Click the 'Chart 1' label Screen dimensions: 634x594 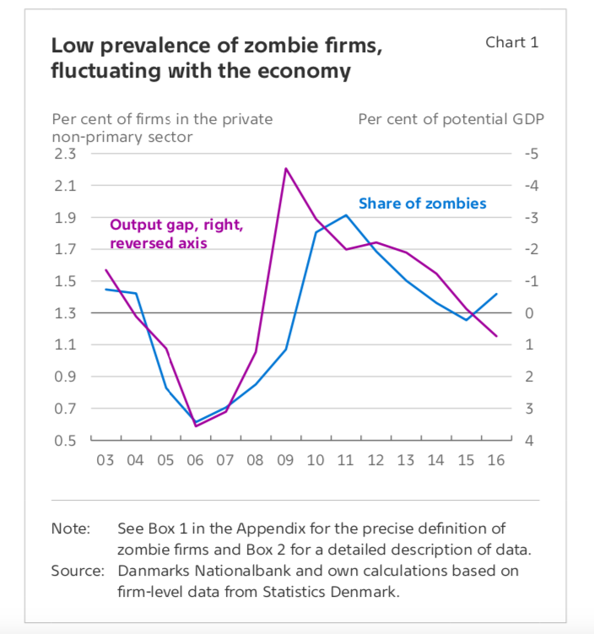(511, 42)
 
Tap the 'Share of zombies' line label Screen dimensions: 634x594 (422, 203)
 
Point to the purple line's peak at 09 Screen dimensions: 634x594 (286, 168)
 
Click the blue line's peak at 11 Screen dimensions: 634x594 (346, 215)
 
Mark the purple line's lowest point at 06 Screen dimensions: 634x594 (196, 426)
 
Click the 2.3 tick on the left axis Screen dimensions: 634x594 (64, 154)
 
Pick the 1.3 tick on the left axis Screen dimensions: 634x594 (64, 313)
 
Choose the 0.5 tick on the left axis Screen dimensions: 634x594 (64, 441)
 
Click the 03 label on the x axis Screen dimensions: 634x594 (105, 461)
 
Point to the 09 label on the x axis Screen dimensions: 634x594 (285, 461)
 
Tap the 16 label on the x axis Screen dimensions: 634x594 (496, 461)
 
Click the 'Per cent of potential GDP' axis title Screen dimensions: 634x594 (451, 119)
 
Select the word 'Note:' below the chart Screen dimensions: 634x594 (70, 528)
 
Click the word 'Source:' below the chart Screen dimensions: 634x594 (77, 571)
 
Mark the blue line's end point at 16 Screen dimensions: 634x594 (496, 295)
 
